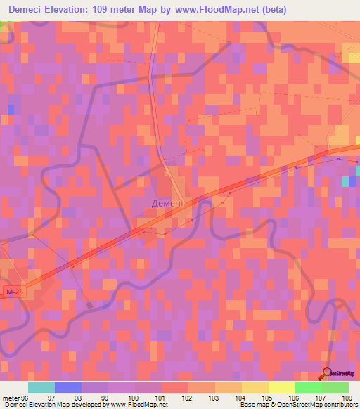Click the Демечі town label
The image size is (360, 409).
click(x=167, y=203)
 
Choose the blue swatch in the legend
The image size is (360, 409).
click(x=67, y=387)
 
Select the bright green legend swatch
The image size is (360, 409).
click(x=308, y=387)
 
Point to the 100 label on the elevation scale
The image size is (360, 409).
click(x=134, y=398)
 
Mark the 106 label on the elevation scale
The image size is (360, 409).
click(x=295, y=398)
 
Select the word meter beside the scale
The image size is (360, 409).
click(x=11, y=398)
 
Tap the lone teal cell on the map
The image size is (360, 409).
click(x=345, y=181)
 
